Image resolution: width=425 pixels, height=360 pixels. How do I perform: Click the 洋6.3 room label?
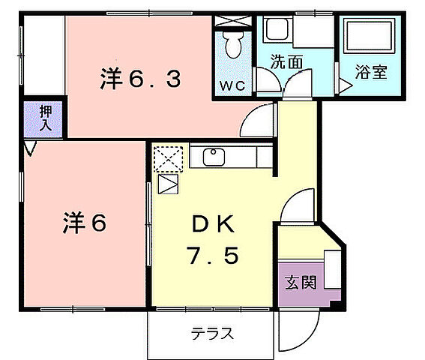point(141,78)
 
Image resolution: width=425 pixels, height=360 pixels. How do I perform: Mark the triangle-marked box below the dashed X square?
point(168,184)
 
